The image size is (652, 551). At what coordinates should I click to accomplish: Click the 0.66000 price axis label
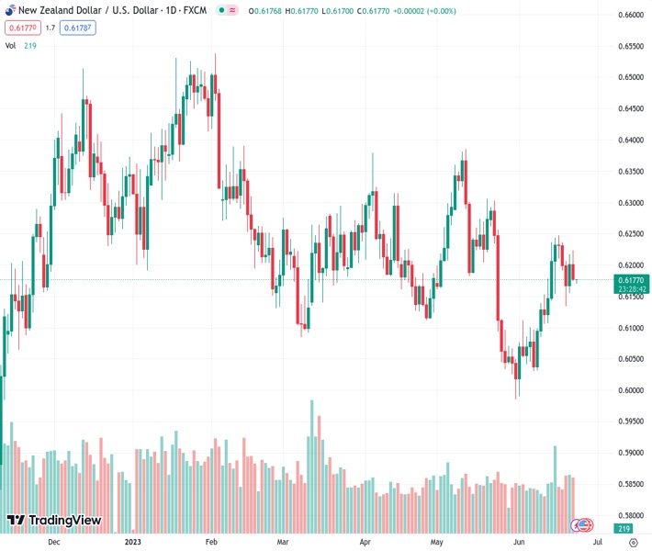point(630,16)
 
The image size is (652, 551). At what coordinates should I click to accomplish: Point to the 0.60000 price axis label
point(630,390)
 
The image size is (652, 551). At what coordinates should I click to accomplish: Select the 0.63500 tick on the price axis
point(630,172)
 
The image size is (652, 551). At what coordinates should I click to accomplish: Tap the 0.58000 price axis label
point(630,515)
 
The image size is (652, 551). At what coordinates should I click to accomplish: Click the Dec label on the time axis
point(54,542)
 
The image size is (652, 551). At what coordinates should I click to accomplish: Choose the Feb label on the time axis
point(211,542)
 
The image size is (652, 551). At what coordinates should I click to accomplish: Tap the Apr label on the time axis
point(365,542)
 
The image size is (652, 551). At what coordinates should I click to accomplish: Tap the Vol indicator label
point(11,44)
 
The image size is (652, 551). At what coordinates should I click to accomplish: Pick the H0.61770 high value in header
point(302,10)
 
